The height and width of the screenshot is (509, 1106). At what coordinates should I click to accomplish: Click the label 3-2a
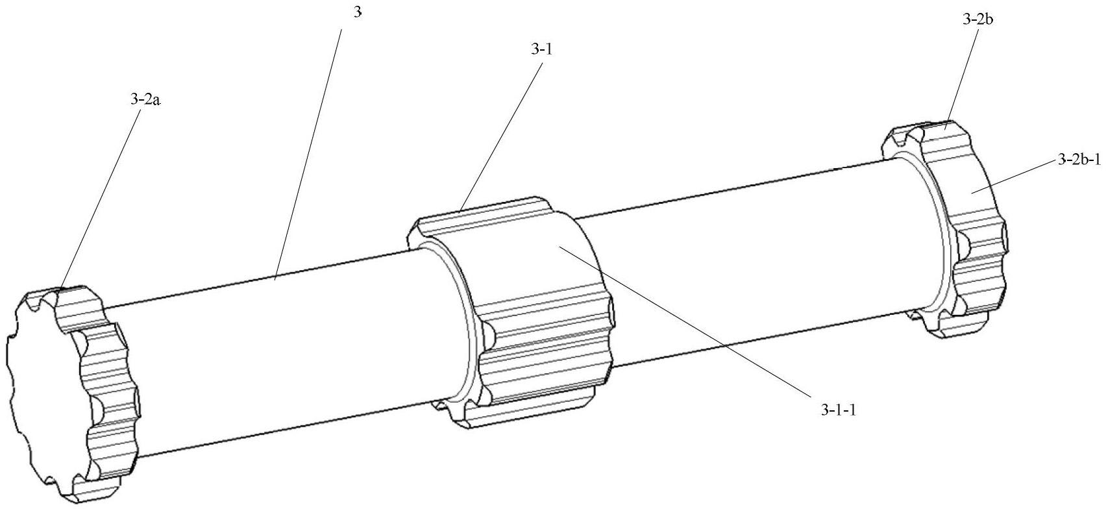tap(146, 100)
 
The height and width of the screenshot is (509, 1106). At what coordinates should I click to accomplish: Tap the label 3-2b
tap(977, 19)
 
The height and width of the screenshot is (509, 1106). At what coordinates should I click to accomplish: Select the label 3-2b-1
tap(1079, 160)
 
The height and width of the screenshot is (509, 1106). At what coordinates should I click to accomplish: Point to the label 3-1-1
tap(838, 410)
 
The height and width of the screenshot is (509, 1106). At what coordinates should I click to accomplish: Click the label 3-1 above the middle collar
tap(541, 49)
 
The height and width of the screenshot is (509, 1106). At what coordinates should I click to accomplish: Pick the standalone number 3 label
tap(358, 13)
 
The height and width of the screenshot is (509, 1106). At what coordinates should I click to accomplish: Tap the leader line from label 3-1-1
tap(684, 321)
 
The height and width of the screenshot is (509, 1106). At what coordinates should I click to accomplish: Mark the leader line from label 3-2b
tap(961, 77)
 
